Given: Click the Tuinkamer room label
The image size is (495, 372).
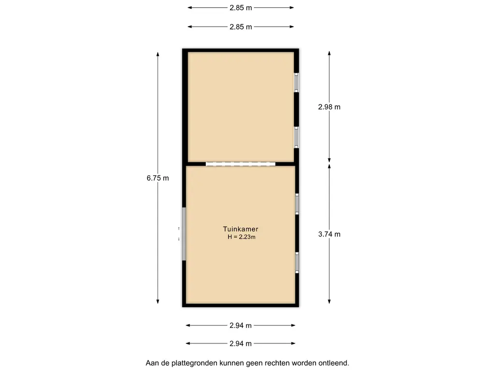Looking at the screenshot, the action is tap(241, 229).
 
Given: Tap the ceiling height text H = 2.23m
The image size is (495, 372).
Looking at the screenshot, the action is tap(242, 237).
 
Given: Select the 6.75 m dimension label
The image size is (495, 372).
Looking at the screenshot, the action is tap(158, 178).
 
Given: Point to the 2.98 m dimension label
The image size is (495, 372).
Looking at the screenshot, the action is tap(329, 107).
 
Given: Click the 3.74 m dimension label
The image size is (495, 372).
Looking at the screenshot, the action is tap(329, 234).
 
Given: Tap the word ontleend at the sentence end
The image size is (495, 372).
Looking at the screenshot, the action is tap(335, 363).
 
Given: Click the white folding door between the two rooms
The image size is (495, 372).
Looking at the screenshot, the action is tap(241, 164).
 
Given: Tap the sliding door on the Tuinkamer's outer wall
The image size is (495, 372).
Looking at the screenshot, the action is tap(184, 234).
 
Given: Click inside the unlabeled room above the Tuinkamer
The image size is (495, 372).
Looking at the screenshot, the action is tap(241, 107).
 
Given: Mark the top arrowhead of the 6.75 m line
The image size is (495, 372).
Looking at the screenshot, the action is tap(158, 54).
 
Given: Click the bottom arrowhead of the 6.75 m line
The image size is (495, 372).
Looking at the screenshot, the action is tap(158, 301).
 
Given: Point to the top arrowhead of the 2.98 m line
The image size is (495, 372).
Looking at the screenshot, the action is tap(329, 53).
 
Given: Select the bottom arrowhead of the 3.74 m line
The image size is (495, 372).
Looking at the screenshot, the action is tap(329, 301).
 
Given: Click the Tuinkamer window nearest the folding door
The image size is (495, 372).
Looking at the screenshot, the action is tap(297, 204).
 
